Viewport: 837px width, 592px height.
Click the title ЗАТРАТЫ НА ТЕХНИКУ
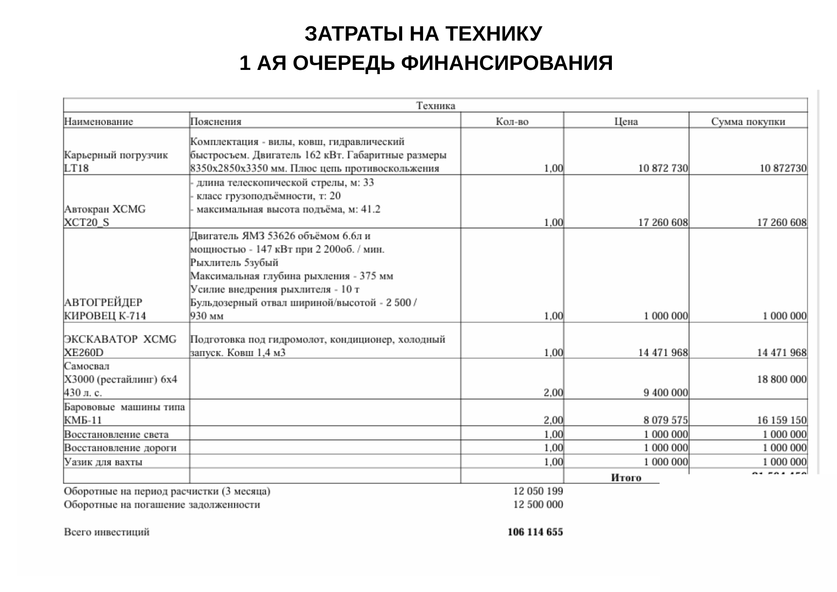click(x=423, y=34)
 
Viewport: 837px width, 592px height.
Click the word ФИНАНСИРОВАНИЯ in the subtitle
click(x=507, y=63)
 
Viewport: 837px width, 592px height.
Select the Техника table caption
click(x=435, y=106)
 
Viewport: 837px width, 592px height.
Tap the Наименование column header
click(x=99, y=122)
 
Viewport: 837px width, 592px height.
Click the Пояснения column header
click(x=216, y=122)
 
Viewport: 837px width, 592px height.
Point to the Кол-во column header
click(x=512, y=122)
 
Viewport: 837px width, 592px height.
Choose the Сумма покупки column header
click(x=748, y=122)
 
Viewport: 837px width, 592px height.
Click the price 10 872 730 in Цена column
click(x=662, y=168)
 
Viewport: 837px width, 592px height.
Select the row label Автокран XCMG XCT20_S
click(x=105, y=216)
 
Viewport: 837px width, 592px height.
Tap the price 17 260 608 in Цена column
click(x=662, y=222)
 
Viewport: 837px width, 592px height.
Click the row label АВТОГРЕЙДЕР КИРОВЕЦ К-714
click(x=105, y=309)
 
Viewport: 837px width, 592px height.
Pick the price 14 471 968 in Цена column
click(x=662, y=353)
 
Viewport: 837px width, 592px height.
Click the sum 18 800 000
click(x=781, y=379)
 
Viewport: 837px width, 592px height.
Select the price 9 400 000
click(x=665, y=393)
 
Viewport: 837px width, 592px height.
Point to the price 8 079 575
click(x=665, y=420)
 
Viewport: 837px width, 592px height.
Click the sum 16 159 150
click(x=781, y=420)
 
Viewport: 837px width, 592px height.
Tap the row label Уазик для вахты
click(x=103, y=462)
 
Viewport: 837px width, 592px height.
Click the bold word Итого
click(x=626, y=478)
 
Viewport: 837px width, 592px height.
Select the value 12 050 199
click(x=538, y=491)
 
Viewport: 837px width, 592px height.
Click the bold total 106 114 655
click(x=535, y=532)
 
